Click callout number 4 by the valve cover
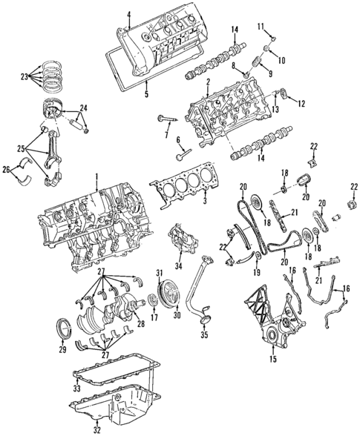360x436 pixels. tap(128, 14)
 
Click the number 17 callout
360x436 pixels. tap(153, 318)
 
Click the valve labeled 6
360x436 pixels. tap(184, 153)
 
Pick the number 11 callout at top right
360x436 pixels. tap(261, 27)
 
